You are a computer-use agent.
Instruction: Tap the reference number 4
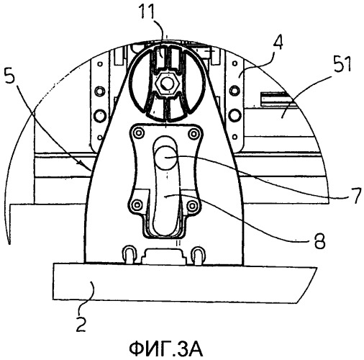click(x=276, y=42)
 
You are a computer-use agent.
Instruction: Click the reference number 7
click(x=355, y=196)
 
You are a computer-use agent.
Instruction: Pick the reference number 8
click(x=319, y=240)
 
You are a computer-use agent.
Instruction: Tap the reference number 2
click(x=81, y=324)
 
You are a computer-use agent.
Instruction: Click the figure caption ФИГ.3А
click(x=166, y=350)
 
